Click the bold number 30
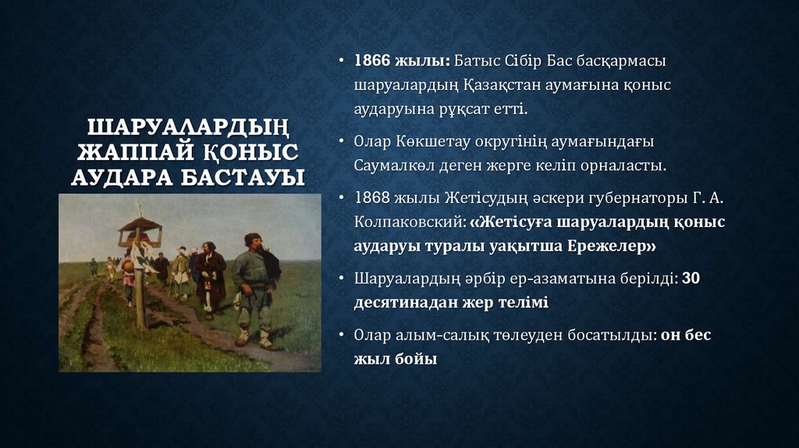pos(691,278)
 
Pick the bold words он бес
pos(686,336)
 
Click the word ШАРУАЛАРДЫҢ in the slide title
pos(187,127)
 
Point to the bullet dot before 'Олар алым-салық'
pos(343,336)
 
